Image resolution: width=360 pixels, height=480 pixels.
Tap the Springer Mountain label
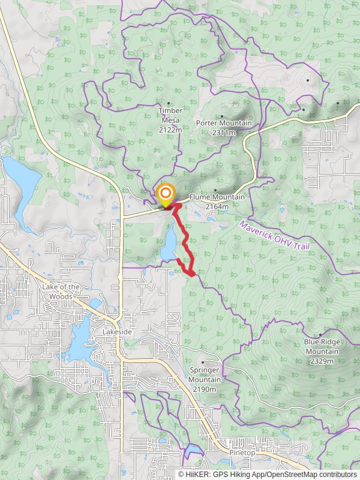click(205, 375)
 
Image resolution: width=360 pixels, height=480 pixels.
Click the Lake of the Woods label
click(61, 291)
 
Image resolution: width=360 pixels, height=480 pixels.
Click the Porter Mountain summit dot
click(222, 116)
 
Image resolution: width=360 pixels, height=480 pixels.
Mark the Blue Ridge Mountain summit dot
click(321, 335)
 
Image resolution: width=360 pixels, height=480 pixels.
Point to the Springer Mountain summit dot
click(204, 363)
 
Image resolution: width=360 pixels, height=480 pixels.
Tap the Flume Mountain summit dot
click(215, 190)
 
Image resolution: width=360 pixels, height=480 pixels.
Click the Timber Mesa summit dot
click(169, 103)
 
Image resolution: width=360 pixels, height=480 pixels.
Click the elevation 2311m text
click(223, 133)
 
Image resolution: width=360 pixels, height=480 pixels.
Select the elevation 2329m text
click(322, 361)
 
